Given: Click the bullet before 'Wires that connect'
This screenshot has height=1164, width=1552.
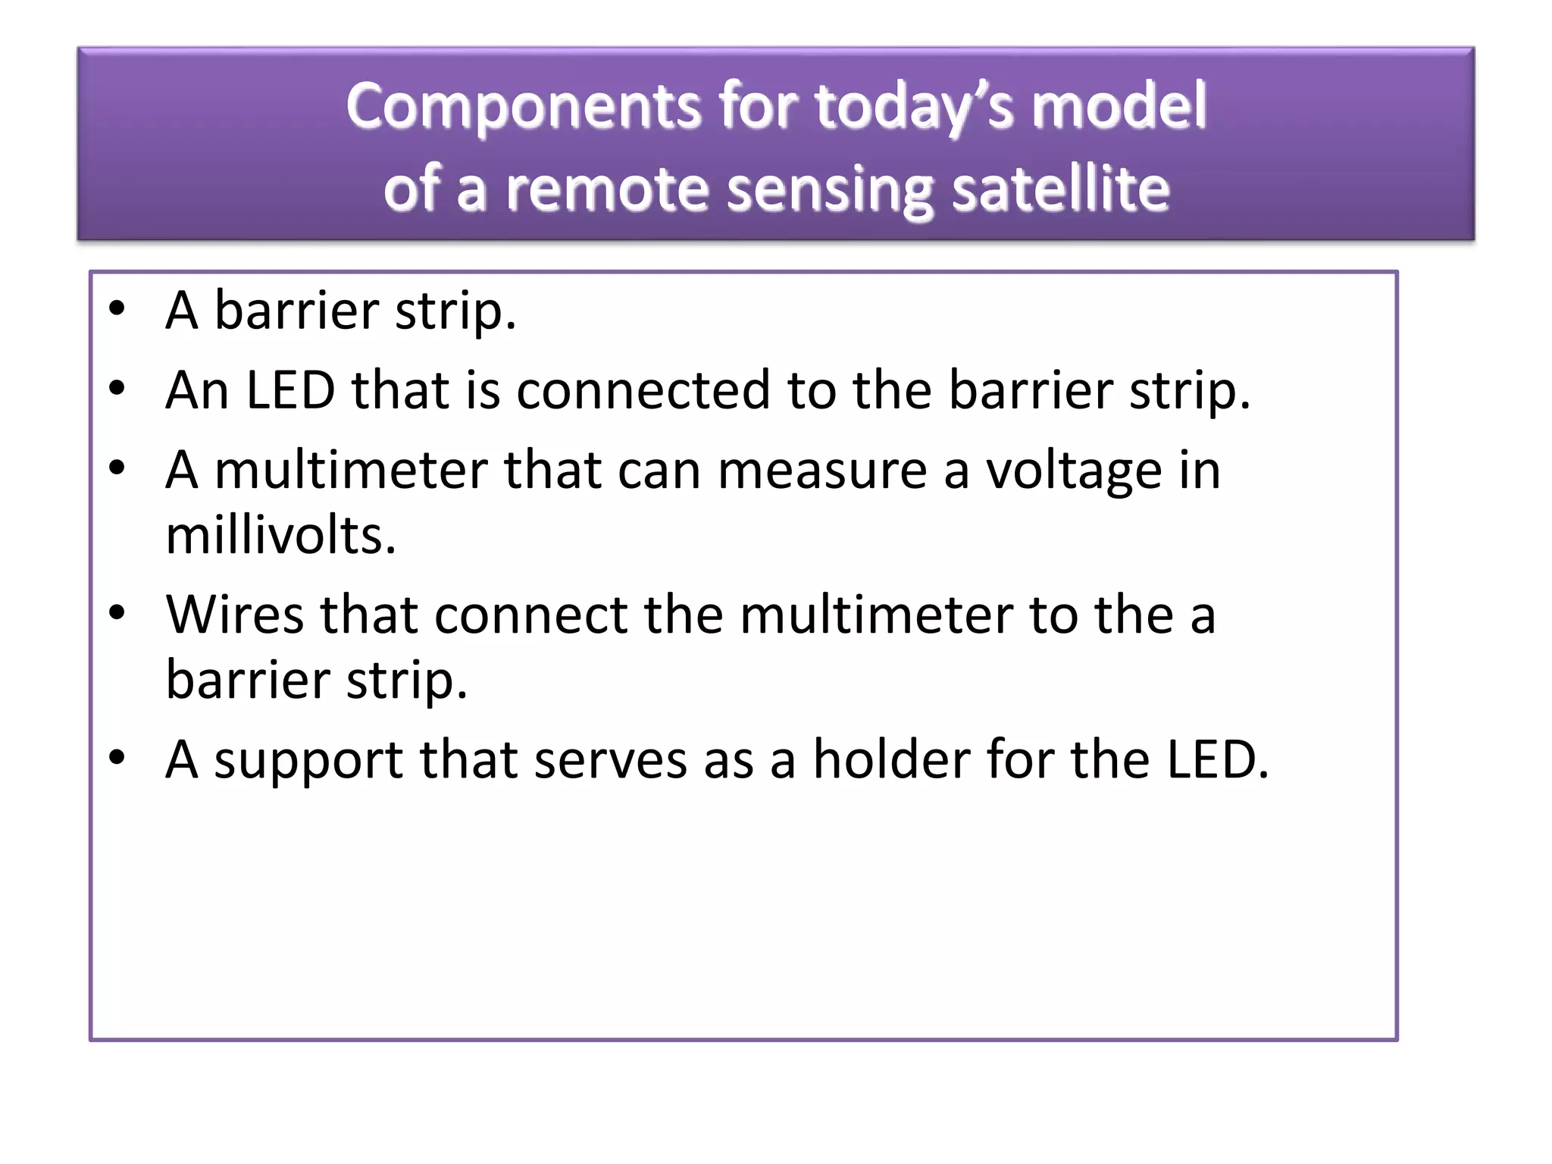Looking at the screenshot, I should pyautogui.click(x=117, y=612).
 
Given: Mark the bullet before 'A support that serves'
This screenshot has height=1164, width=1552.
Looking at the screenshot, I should pyautogui.click(x=117, y=758).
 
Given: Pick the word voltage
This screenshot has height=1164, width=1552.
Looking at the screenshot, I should pyautogui.click(x=1073, y=471).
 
